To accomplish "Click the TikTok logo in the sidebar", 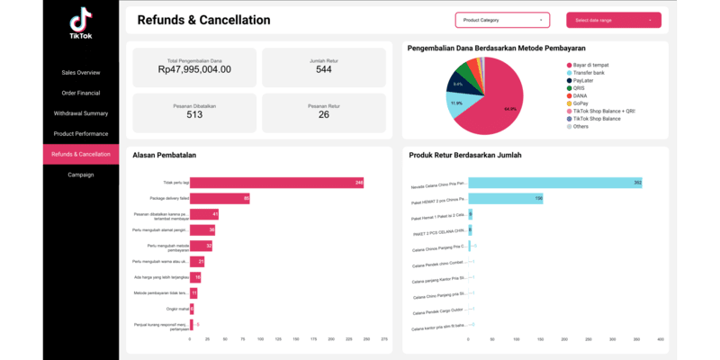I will (80, 22).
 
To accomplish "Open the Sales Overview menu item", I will (81, 72).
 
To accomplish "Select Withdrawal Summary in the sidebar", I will (81, 113).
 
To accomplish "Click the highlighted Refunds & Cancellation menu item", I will (81, 154).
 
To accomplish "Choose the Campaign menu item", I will (81, 175).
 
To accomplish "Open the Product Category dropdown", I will (502, 20).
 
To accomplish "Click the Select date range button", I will (613, 20).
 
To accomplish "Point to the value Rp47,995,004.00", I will (194, 69).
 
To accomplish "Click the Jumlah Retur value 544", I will (323, 69).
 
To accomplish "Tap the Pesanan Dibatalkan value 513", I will (194, 114).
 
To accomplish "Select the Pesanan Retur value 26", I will (323, 114).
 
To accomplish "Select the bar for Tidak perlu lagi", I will (277, 183).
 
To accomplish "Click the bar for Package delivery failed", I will (220, 198).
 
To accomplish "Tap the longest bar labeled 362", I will (554, 183).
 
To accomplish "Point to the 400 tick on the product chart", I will (660, 339).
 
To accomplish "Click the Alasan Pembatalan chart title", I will (165, 155).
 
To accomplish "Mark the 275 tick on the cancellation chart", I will (384, 339).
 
